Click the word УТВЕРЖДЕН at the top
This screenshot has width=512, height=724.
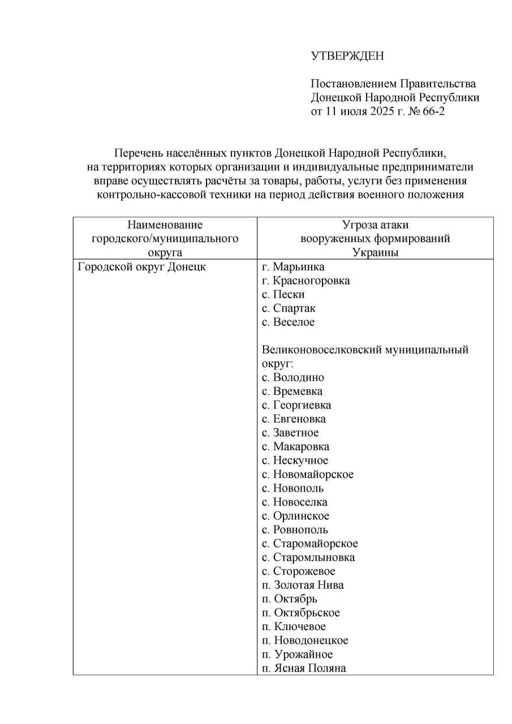coord(347,55)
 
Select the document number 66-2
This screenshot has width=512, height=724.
coord(432,111)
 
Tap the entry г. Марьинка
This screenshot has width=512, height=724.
coord(293,267)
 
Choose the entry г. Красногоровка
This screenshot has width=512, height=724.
coord(306,281)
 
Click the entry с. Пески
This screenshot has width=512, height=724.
coord(283,295)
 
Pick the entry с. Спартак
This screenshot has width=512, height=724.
coord(289,308)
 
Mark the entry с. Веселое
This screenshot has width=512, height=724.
coord(288,322)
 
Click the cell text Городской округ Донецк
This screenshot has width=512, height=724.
coord(141,267)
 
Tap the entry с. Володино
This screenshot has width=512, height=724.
coord(293,377)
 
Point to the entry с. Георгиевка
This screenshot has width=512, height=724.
coord(296,405)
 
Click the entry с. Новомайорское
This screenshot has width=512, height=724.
coord(307,475)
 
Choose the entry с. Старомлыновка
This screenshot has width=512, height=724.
coord(308,558)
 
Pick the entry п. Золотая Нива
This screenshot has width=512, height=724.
coord(303,585)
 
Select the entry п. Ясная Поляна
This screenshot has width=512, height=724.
coord(303,669)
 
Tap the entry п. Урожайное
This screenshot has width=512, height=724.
coord(297,654)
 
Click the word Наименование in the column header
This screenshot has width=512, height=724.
coord(165,225)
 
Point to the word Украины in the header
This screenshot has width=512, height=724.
coord(375,253)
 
